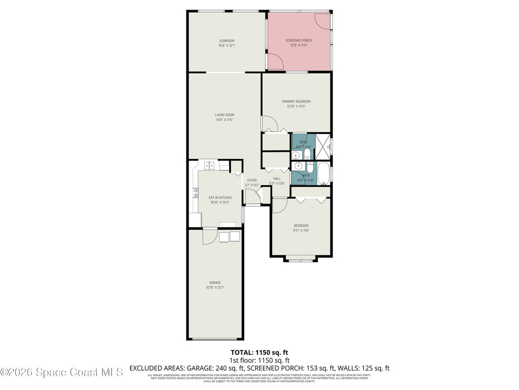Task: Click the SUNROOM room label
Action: click(x=227, y=41)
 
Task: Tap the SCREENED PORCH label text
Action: click(x=299, y=40)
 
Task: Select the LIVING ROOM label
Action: click(x=225, y=115)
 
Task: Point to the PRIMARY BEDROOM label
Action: click(x=296, y=102)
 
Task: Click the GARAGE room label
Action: click(x=215, y=282)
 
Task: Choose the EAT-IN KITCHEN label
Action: click(x=220, y=197)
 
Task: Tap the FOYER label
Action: click(x=251, y=180)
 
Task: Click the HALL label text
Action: click(x=277, y=178)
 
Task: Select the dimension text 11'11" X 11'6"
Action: click(x=301, y=231)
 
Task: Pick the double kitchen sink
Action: click(x=209, y=165)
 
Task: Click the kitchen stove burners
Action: click(x=195, y=192)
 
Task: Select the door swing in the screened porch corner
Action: click(x=322, y=19)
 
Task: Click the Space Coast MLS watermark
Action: click(x=62, y=372)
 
